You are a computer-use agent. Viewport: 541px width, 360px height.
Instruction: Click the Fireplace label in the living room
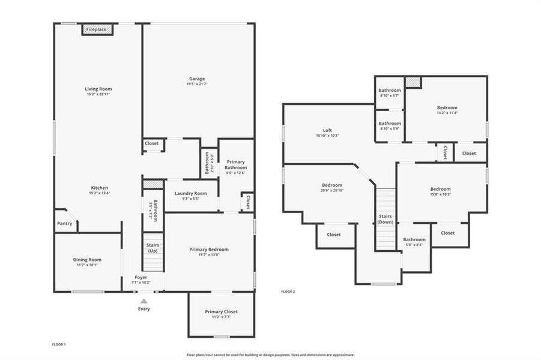96,29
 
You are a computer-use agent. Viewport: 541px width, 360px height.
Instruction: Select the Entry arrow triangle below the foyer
144,301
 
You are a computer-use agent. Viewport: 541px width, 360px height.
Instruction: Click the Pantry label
65,224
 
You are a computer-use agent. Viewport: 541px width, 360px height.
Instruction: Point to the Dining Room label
87,260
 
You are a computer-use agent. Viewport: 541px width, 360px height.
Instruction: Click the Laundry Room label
191,193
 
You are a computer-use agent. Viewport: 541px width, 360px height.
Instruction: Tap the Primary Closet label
221,312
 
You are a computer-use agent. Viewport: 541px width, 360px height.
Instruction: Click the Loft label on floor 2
327,130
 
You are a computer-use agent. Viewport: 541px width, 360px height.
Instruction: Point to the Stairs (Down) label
385,219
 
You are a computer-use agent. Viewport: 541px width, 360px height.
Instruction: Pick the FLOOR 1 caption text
59,344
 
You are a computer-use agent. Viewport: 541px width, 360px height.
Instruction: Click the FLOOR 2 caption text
288,292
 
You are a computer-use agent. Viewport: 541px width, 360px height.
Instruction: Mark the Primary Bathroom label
236,165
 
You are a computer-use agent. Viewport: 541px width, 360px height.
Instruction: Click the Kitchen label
99,188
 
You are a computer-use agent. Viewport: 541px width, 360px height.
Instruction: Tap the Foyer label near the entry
141,277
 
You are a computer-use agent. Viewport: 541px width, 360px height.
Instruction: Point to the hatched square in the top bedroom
413,82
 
